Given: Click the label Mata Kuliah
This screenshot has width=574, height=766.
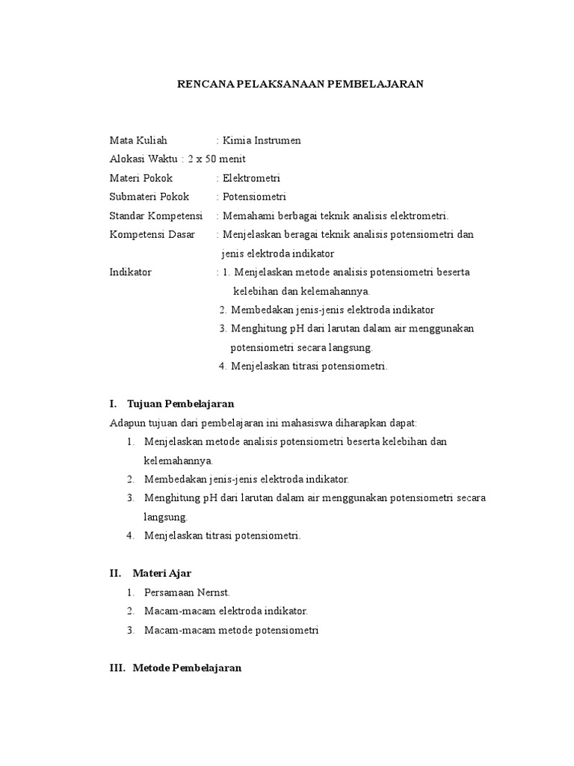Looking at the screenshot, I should pyautogui.click(x=138, y=140).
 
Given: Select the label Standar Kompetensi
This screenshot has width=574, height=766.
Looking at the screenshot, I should pyautogui.click(x=156, y=215).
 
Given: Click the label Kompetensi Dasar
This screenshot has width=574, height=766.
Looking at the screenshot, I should pyautogui.click(x=152, y=234).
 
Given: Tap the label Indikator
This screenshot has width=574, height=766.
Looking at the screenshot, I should pyautogui.click(x=130, y=272).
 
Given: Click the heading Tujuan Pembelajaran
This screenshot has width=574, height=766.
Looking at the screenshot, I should pyautogui.click(x=181, y=403).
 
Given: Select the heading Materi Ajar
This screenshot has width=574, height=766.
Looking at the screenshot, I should pyautogui.click(x=162, y=573).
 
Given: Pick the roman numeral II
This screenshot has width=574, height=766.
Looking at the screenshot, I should pyautogui.click(x=115, y=573).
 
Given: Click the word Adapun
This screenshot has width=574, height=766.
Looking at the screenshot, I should pyautogui.click(x=126, y=423).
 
